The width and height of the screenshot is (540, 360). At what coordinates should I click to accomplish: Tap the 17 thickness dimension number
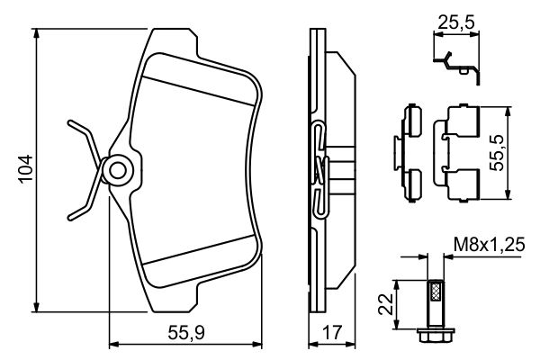tap(330, 332)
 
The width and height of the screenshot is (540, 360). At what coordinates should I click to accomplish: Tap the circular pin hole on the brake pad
tap(115, 168)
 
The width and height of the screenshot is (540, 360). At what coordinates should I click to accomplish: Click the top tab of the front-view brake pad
tap(175, 40)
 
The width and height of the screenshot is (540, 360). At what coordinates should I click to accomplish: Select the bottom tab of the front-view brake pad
tap(175, 296)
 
